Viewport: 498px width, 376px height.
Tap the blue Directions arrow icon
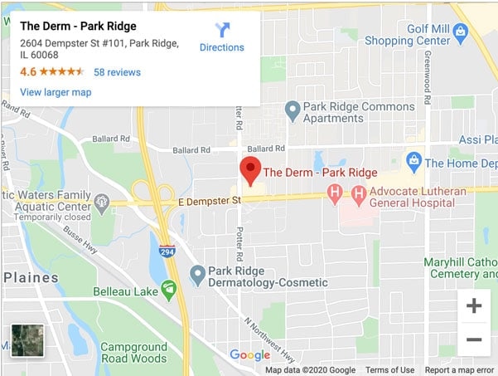tap(222, 31)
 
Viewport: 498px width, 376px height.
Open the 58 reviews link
tap(117, 72)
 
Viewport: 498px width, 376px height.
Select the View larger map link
tap(56, 92)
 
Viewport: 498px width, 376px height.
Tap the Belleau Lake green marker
tap(169, 289)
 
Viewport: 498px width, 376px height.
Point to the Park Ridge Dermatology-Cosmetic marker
tap(197, 273)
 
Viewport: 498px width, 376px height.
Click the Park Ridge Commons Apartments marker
tap(292, 109)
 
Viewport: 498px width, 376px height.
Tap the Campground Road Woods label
tap(133, 352)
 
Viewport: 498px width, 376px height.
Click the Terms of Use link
tap(389, 370)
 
